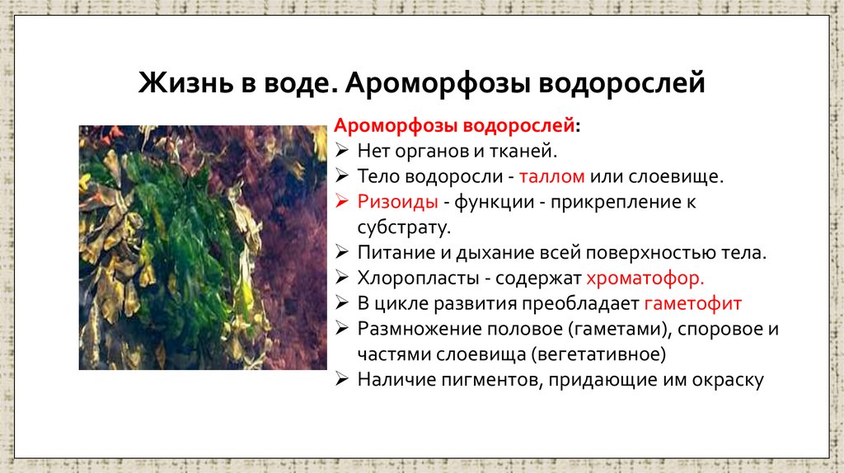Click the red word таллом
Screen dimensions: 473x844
click(x=554, y=176)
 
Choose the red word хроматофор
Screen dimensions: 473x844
click(x=645, y=278)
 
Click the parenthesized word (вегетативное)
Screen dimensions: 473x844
click(x=598, y=354)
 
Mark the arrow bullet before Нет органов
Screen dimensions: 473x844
click(x=343, y=152)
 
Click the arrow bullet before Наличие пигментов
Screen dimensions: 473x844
click(x=343, y=380)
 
